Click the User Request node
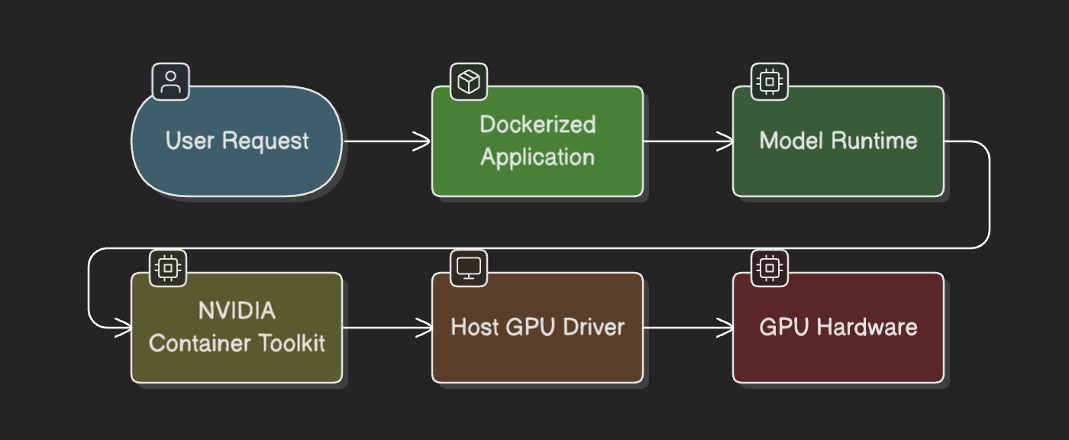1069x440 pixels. tap(237, 141)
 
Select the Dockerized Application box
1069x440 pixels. tap(537, 141)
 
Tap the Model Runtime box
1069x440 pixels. tap(838, 141)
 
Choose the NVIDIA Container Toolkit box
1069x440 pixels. tap(237, 328)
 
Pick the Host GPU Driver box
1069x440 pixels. tap(537, 328)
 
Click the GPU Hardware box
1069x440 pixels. tap(838, 328)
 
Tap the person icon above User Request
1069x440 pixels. tap(171, 81)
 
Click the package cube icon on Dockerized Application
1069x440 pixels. tap(468, 81)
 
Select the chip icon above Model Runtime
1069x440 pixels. tap(770, 81)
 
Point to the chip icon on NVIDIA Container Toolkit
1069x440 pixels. tap(168, 267)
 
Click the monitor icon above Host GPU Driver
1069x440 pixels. tap(468, 267)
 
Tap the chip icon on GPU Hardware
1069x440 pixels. tap(770, 267)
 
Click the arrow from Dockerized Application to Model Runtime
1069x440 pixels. tap(687, 141)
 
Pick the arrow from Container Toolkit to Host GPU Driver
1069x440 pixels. tap(386, 328)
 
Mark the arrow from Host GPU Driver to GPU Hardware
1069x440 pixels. tap(687, 328)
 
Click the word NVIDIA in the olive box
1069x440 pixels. tap(237, 311)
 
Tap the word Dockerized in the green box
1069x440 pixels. tap(537, 125)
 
